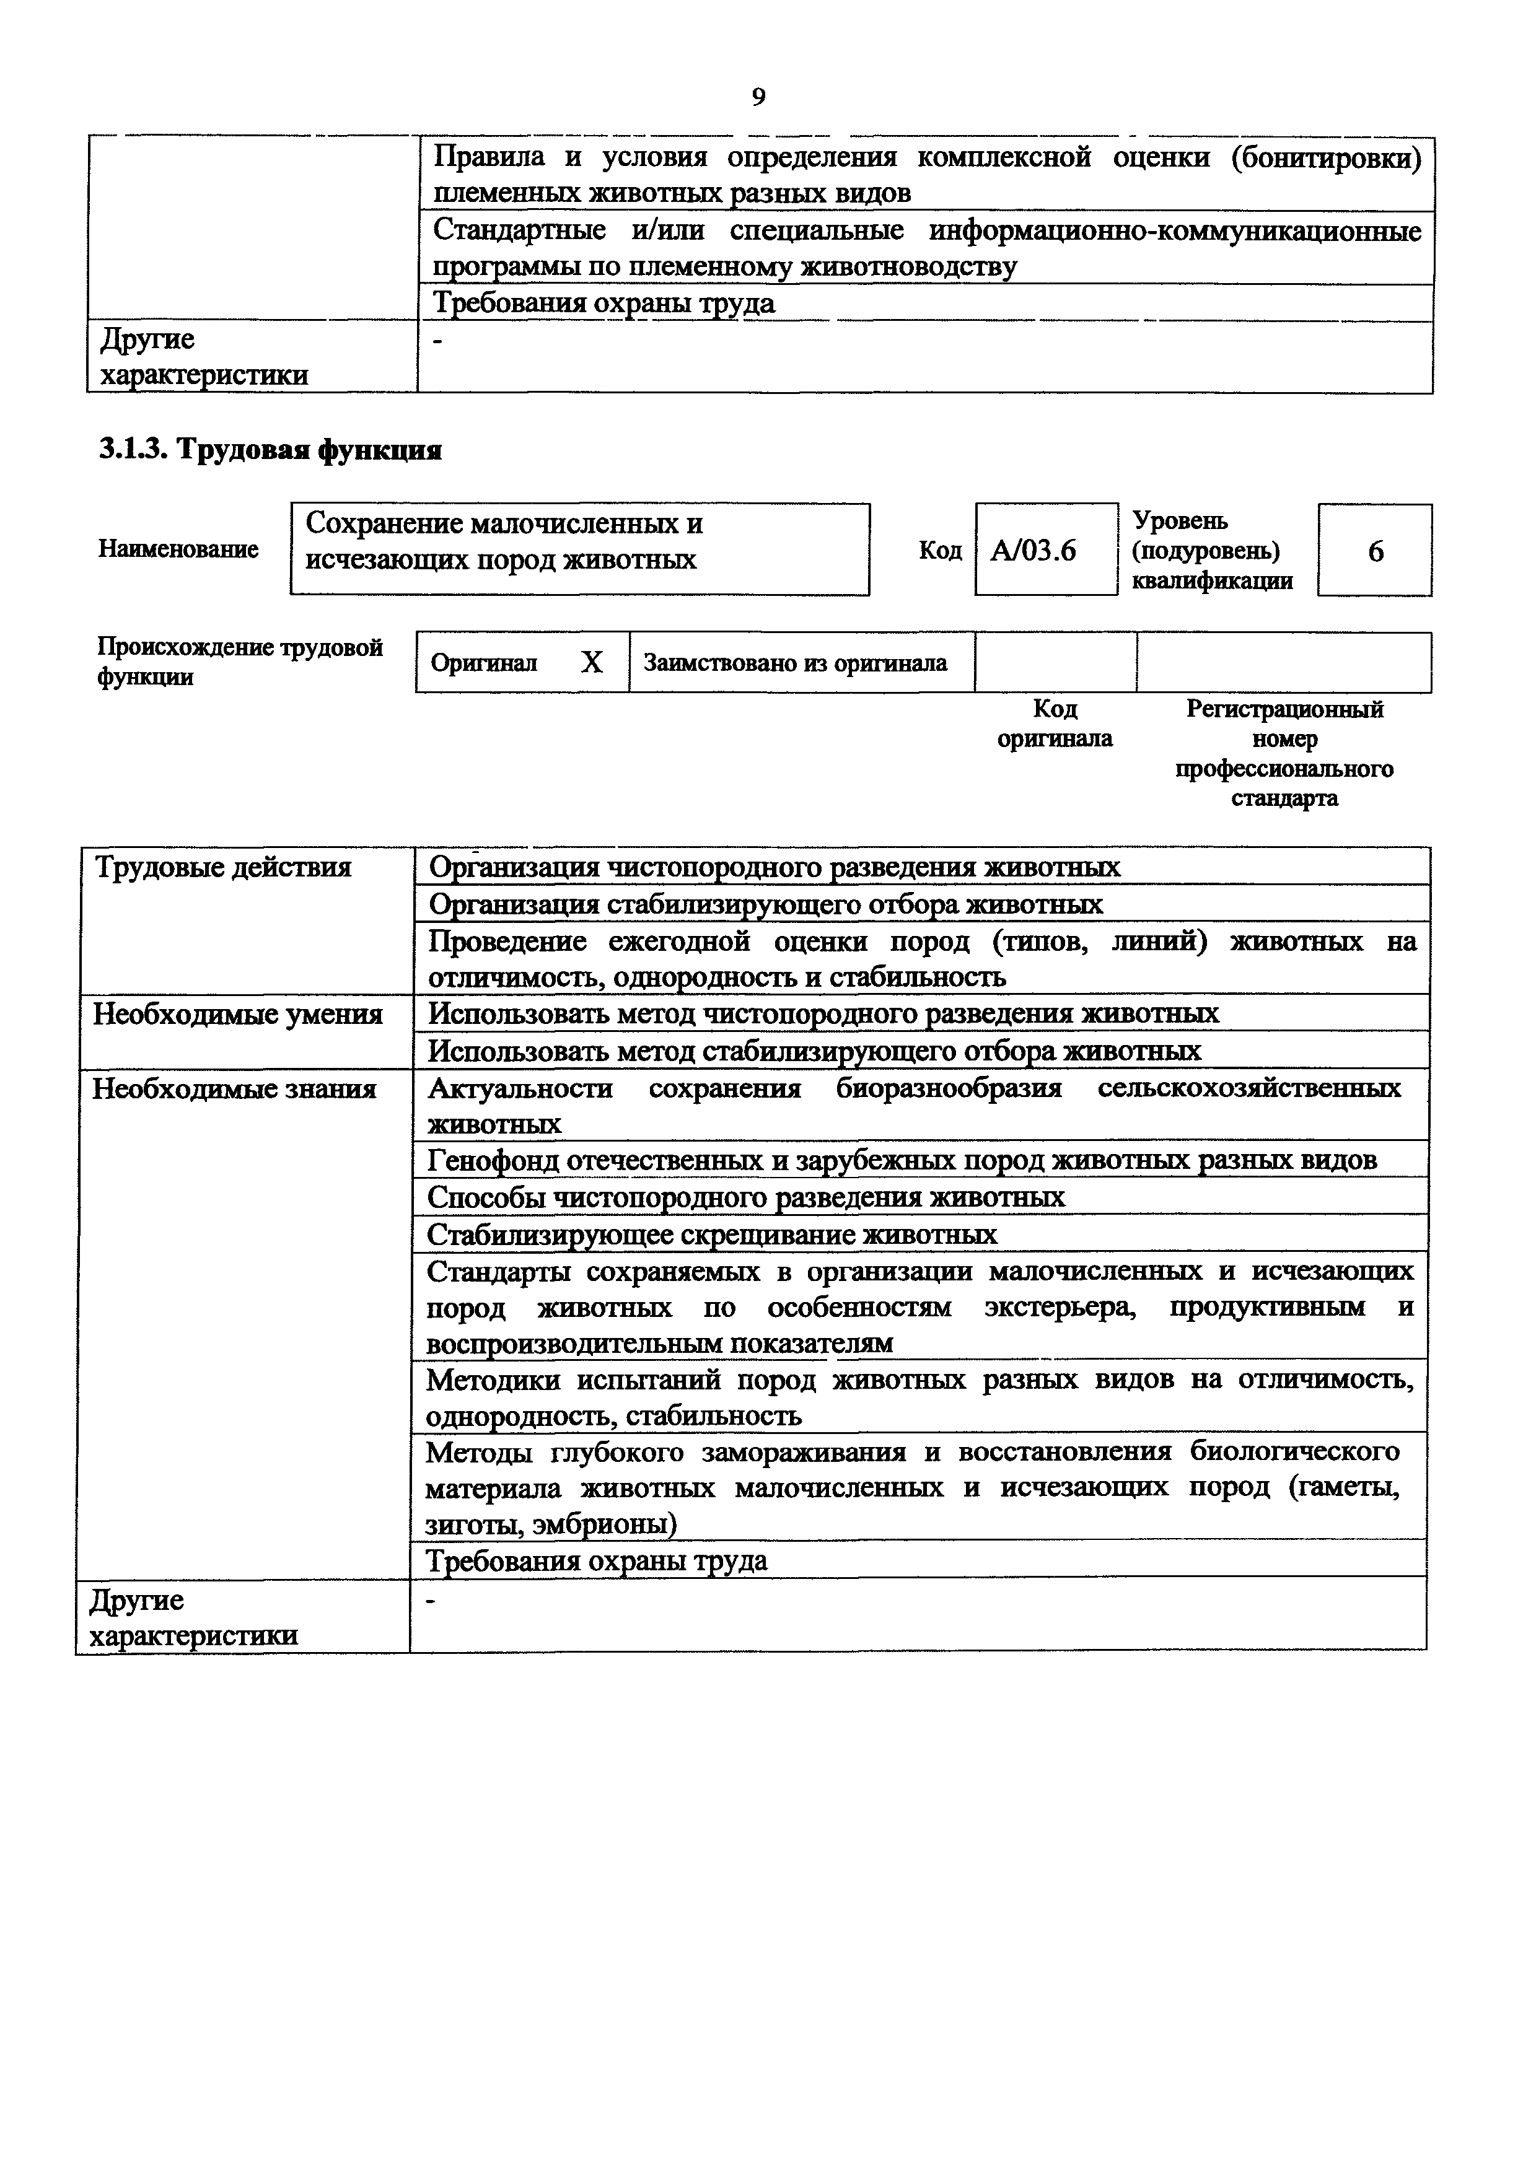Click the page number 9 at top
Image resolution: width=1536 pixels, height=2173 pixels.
(758, 97)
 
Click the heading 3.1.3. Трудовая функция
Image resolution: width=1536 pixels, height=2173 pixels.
(271, 450)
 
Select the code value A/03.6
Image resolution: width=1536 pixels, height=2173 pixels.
(1034, 551)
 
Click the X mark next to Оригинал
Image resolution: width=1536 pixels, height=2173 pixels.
(592, 663)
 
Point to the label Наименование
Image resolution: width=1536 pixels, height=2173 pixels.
(178, 549)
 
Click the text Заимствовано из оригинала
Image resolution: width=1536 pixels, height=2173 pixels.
(795, 663)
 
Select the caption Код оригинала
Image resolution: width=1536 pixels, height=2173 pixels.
(1055, 723)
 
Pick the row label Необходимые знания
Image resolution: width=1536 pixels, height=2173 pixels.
(234, 1088)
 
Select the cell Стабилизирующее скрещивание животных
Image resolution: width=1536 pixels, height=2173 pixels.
(712, 1234)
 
